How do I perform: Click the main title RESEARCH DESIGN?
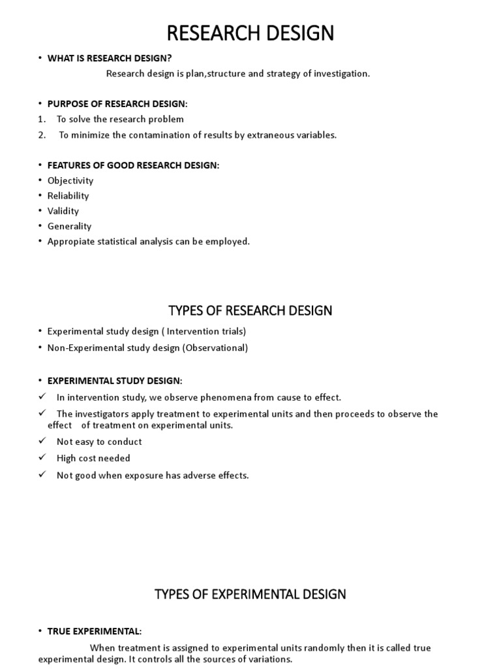(250, 33)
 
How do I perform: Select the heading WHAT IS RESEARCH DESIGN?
(109, 58)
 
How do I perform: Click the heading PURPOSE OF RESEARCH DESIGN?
(117, 104)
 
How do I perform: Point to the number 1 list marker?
(40, 120)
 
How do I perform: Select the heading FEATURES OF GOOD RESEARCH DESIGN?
(133, 165)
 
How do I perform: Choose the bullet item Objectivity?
(70, 181)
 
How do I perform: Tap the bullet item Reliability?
(68, 196)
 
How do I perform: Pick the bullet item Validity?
(63, 211)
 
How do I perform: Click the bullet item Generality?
(69, 226)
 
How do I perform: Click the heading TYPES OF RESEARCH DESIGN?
(250, 310)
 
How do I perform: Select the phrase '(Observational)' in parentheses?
(215, 348)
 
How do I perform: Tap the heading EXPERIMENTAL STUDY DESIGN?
(115, 381)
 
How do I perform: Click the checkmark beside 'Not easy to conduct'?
(42, 442)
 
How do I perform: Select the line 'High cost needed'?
(93, 459)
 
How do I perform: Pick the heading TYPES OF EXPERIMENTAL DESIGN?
(250, 595)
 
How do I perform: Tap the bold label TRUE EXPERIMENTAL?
(95, 631)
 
